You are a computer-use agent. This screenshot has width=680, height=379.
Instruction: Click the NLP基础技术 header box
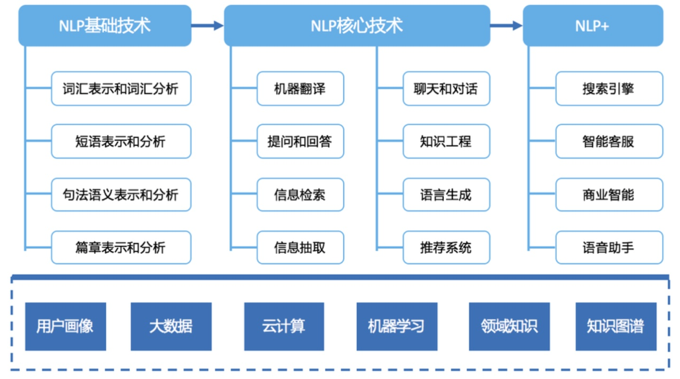tap(105, 26)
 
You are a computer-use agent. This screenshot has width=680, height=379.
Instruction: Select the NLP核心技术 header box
tap(357, 26)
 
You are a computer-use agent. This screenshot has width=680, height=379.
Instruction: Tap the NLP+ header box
tap(592, 26)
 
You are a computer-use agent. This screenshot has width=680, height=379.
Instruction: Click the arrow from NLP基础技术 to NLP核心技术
tap(207, 26)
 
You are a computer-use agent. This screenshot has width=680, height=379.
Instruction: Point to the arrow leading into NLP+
tap(506, 26)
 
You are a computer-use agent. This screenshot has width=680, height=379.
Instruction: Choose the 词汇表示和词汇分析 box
tap(121, 89)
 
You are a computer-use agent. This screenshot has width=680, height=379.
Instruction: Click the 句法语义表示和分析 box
tap(121, 194)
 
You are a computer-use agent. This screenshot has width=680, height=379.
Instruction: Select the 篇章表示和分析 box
tap(121, 247)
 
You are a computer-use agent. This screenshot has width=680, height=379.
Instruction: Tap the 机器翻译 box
tap(300, 89)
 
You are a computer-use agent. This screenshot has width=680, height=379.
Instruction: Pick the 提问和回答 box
tap(300, 142)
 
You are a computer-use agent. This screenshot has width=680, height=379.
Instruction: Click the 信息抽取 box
tap(300, 247)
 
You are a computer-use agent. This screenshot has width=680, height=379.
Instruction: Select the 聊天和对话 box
tap(446, 89)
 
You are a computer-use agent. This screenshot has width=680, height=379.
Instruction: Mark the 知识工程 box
tap(446, 142)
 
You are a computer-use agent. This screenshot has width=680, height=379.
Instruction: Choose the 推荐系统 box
tap(446, 247)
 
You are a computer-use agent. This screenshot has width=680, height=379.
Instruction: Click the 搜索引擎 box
tap(609, 89)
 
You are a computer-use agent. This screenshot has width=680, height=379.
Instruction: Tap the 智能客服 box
tap(609, 142)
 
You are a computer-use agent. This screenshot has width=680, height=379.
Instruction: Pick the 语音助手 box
tap(609, 247)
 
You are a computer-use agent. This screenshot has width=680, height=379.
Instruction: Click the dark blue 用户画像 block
tap(65, 327)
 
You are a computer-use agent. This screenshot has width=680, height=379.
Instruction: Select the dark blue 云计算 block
tap(284, 327)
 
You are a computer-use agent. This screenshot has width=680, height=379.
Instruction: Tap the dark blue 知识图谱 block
tap(616, 327)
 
